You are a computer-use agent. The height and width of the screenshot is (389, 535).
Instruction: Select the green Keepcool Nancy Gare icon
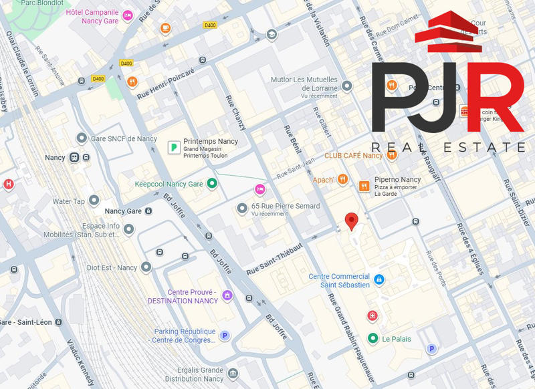click(212, 183)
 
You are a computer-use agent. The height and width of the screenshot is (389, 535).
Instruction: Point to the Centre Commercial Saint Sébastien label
click(339, 281)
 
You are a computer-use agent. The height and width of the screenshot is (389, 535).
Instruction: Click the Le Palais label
click(396, 339)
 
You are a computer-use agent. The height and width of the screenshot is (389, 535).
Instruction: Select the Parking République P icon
click(225, 336)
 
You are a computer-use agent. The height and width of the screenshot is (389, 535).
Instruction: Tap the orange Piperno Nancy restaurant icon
click(364, 186)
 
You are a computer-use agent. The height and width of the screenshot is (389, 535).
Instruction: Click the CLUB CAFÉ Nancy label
click(353, 156)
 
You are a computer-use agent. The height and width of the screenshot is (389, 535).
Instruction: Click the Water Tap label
click(69, 201)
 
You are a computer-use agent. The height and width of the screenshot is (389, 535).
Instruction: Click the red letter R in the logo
click(494, 100)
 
